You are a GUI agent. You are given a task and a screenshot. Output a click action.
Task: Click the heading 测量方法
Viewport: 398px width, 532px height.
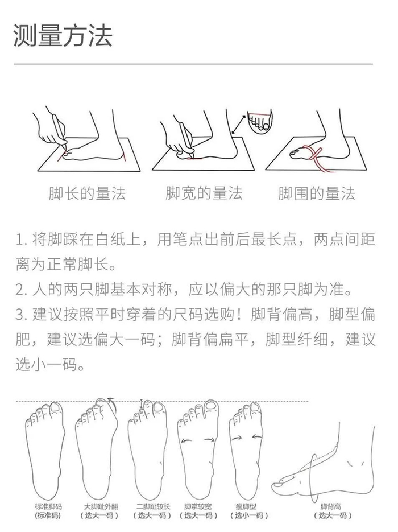[x=63, y=35]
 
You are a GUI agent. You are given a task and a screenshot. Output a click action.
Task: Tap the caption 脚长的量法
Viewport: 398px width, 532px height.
[x=88, y=193]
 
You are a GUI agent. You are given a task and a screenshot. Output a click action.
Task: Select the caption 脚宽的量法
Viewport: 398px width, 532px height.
[x=204, y=193]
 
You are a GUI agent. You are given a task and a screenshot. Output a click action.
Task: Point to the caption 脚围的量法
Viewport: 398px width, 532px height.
[x=317, y=193]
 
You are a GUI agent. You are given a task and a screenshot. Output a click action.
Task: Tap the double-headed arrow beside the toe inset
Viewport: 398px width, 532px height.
[x=239, y=125]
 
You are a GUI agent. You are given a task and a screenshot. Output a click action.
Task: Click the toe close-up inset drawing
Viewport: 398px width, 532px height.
[x=260, y=120]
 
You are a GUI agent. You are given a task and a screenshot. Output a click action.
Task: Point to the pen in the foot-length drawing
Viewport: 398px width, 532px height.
[x=59, y=130]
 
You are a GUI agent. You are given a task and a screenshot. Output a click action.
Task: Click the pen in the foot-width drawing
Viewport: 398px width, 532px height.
[x=187, y=140]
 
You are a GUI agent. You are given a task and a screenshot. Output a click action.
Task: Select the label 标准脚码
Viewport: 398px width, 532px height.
[x=48, y=506]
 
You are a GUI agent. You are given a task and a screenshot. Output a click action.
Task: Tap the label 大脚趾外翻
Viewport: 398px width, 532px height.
[x=101, y=506]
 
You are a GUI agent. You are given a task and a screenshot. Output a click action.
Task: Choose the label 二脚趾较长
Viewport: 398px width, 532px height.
[x=154, y=506]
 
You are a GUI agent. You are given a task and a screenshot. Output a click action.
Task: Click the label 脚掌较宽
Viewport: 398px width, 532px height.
[x=198, y=506]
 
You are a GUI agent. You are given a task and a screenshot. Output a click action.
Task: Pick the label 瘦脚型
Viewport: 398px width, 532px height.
[x=246, y=506]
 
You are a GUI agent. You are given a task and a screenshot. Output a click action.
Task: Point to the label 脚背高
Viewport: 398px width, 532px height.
[x=331, y=506]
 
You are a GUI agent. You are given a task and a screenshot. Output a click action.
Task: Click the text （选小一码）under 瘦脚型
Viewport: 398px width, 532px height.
[x=249, y=515]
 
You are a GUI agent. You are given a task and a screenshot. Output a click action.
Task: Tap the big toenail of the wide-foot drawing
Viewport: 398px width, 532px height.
[x=212, y=406]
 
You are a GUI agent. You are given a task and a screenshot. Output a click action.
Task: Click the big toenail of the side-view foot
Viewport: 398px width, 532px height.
[x=279, y=485]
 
